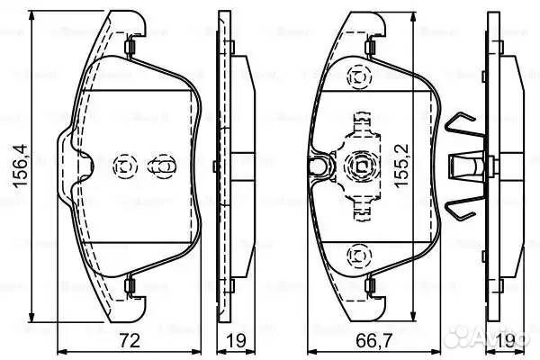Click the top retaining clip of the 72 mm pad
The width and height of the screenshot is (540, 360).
[x=131, y=44]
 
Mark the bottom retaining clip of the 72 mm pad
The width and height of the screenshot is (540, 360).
[x=131, y=287]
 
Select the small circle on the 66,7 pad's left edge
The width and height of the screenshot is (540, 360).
[x=316, y=166]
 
